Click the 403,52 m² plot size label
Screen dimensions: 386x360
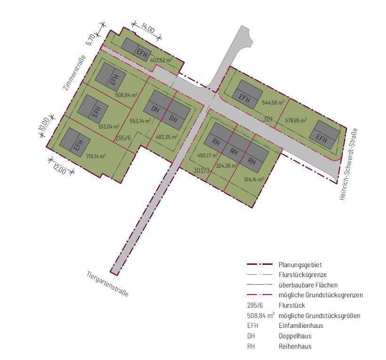(x=161, y=60)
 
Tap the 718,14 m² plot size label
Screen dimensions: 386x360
(x=95, y=156)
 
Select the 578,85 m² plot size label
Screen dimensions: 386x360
(x=296, y=121)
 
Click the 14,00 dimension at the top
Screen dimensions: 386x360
(x=147, y=29)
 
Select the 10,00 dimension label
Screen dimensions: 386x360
(x=43, y=124)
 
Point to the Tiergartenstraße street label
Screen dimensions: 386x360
(x=107, y=284)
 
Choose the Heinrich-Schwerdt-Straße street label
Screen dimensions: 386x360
(x=349, y=164)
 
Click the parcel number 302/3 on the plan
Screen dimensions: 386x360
(x=201, y=170)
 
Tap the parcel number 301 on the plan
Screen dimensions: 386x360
(x=268, y=119)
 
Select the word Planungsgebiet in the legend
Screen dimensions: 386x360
(x=300, y=265)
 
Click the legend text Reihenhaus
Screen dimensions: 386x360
(x=295, y=346)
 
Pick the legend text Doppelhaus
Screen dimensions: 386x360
(x=295, y=336)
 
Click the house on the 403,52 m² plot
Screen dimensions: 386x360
(x=136, y=48)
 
